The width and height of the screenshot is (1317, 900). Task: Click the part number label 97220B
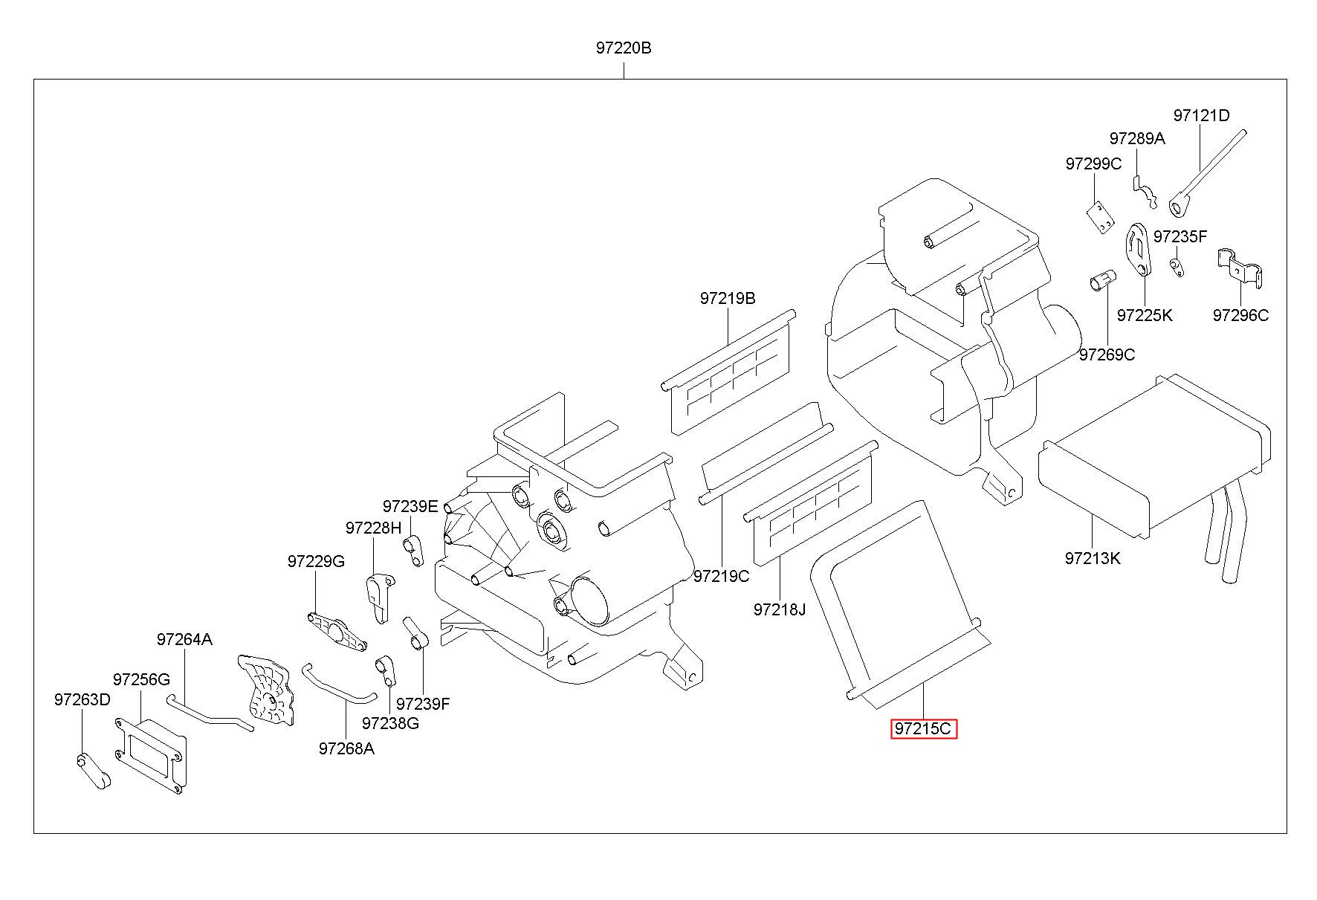(623, 48)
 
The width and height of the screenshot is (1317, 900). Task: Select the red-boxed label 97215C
(923, 729)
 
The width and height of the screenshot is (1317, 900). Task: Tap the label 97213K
(1092, 558)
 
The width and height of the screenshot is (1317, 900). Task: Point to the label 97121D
(1201, 116)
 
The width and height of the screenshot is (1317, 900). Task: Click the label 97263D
(82, 700)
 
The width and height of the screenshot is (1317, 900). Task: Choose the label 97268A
(346, 748)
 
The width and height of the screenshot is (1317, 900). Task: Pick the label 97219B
(727, 299)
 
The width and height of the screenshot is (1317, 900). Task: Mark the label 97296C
(1240, 315)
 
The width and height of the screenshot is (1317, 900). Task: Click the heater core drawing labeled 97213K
(1153, 476)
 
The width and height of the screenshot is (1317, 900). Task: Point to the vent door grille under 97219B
(727, 372)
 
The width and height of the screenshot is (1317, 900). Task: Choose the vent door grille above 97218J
(810, 503)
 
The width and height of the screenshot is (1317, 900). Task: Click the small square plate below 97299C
(1099, 217)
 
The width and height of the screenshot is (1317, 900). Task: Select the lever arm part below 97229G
(337, 632)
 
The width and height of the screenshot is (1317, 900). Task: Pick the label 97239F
(423, 703)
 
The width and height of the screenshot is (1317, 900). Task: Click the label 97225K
(1145, 315)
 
